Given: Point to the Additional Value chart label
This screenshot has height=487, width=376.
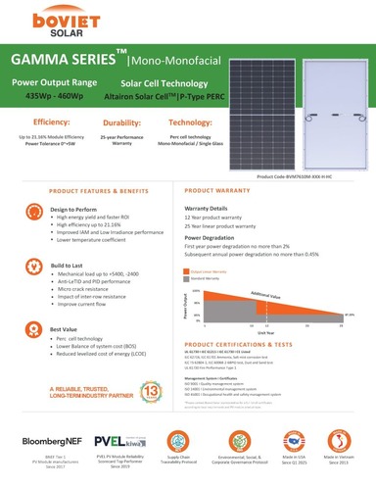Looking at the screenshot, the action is pyautogui.click(x=266, y=294).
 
